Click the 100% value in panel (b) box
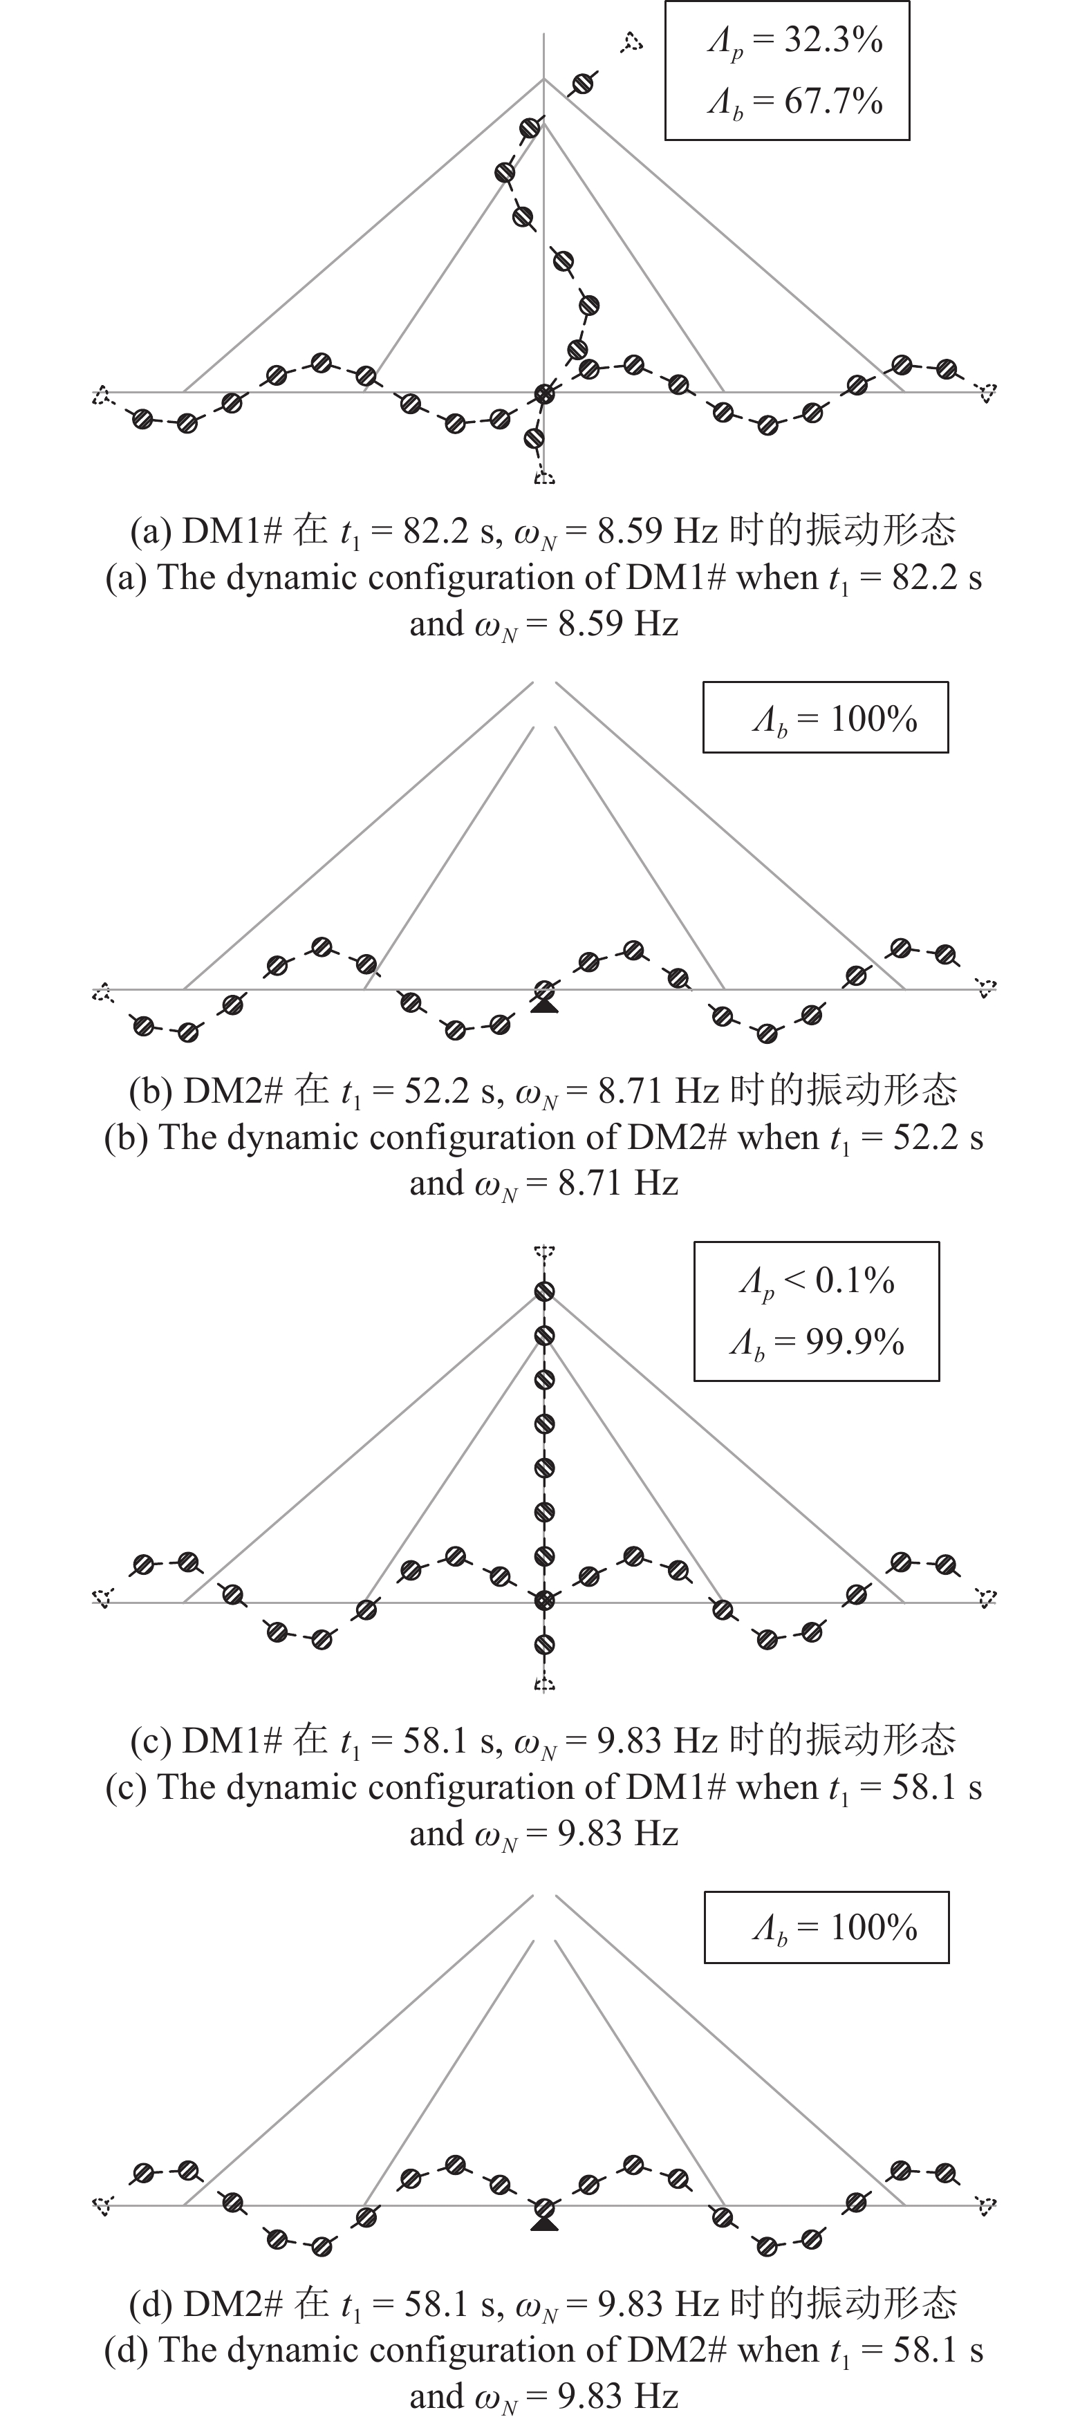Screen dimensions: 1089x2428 tap(874, 719)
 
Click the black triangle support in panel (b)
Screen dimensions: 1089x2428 tap(544, 1006)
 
